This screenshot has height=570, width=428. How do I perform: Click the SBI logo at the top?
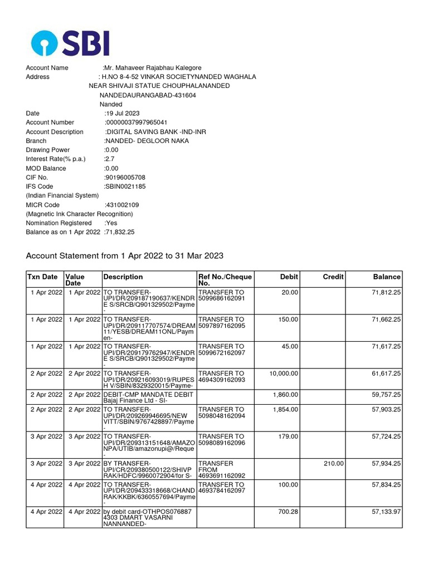[x=70, y=43]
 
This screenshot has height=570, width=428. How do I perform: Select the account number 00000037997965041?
[x=137, y=122]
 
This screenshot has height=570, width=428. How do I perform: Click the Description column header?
[x=123, y=277]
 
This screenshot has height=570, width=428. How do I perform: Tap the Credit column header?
[x=333, y=277]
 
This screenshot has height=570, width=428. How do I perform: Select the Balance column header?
[x=387, y=277]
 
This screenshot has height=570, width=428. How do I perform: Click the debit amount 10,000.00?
[x=284, y=374]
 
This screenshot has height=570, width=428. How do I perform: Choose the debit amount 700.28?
[x=288, y=511]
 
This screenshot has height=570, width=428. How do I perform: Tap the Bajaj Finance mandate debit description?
[x=148, y=397]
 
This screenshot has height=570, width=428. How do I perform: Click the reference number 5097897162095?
[x=221, y=326]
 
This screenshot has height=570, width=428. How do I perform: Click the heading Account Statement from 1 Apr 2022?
[x=125, y=256]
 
